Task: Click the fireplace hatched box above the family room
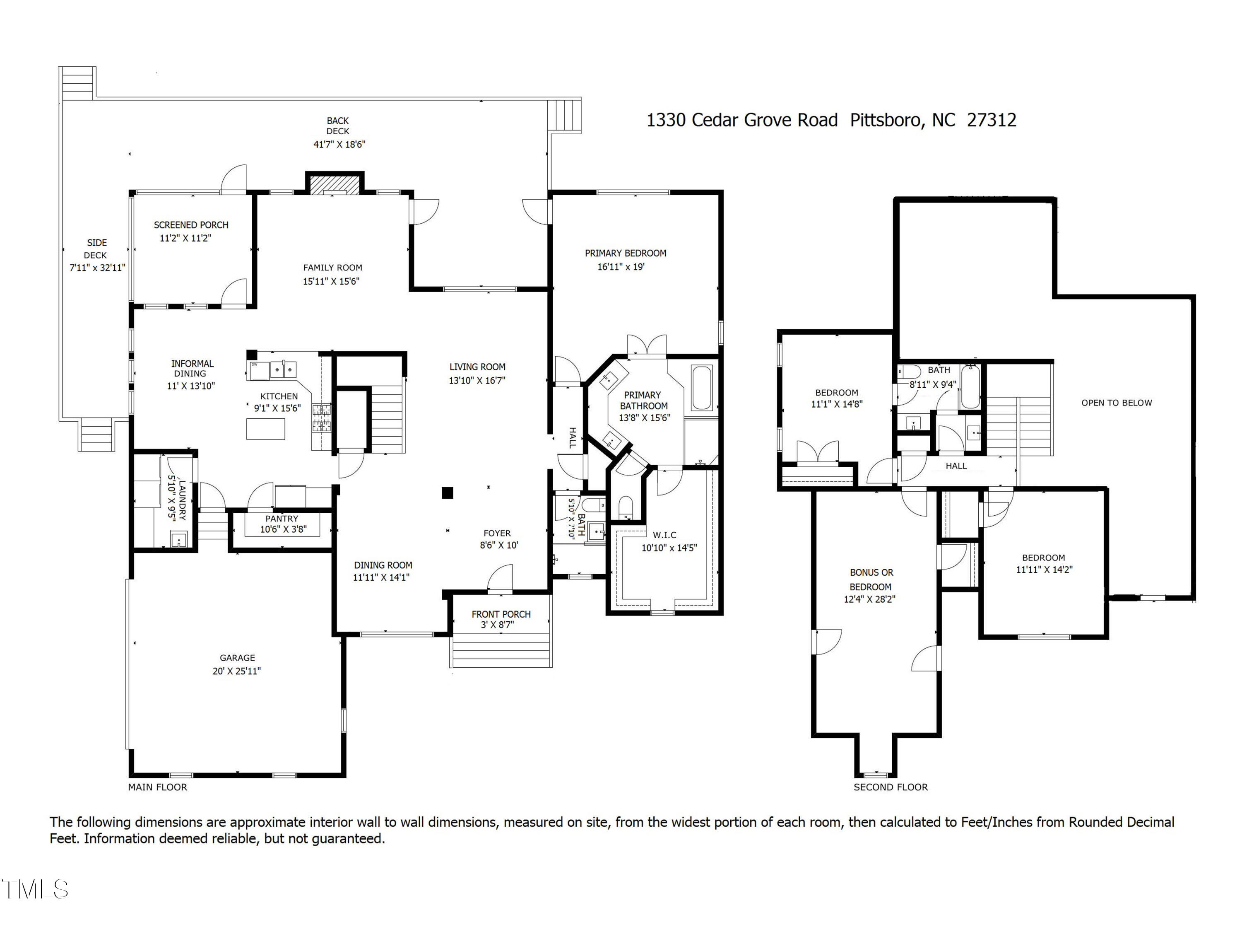tap(335, 184)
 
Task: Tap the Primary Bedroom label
tap(626, 254)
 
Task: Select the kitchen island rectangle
tap(266, 429)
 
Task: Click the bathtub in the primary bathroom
tap(702, 388)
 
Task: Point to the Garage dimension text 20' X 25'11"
tap(236, 671)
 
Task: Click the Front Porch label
tap(501, 614)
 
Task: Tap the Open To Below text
tap(1116, 403)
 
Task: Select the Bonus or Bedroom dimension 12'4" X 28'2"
tap(869, 599)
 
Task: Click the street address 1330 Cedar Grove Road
tap(742, 120)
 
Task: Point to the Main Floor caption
tap(157, 787)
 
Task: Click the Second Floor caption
tap(891, 787)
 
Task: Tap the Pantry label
tap(282, 519)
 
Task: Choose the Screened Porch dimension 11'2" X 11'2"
tap(185, 238)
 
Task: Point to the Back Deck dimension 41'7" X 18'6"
tap(339, 145)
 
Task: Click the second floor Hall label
tap(956, 466)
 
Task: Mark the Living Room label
tap(477, 367)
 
